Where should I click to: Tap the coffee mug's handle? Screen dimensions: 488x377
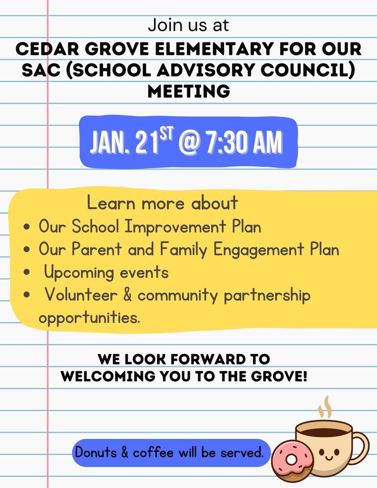pyautogui.click(x=361, y=447)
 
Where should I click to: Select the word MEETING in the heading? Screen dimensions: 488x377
pyautogui.click(x=189, y=91)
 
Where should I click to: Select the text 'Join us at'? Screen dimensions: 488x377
pyautogui.click(x=188, y=25)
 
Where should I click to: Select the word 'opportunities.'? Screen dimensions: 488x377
pyautogui.click(x=89, y=317)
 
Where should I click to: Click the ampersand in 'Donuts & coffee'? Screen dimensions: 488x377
pyautogui.click(x=124, y=452)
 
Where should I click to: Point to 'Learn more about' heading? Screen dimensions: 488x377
pyautogui.click(x=162, y=203)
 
